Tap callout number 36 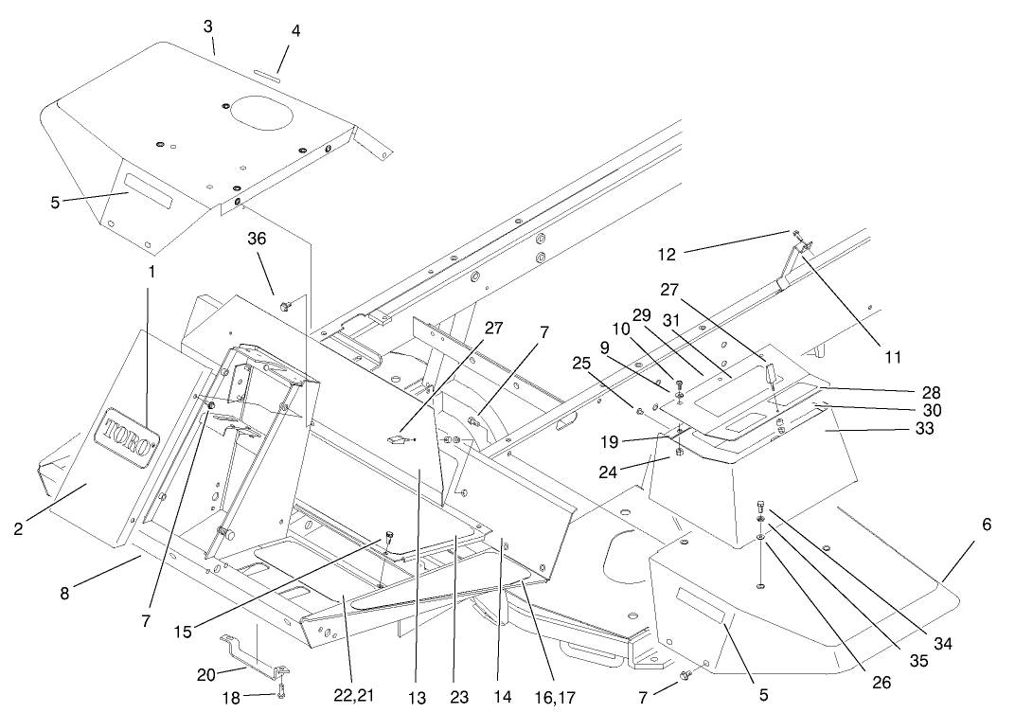[258, 240]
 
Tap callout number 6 [987, 524]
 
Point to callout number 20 [206, 674]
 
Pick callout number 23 [459, 696]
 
